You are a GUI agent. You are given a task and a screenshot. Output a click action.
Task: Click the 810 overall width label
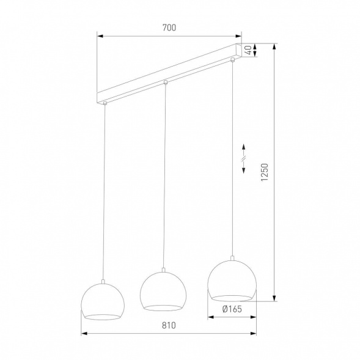click(169, 326)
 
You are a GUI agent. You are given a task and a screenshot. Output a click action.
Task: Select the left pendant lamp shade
click(103, 300)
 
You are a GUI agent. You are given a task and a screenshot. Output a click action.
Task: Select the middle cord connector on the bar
click(165, 82)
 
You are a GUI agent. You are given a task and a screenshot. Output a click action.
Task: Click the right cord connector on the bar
click(232, 60)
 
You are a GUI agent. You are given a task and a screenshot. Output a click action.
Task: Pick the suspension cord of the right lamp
click(232, 159)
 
